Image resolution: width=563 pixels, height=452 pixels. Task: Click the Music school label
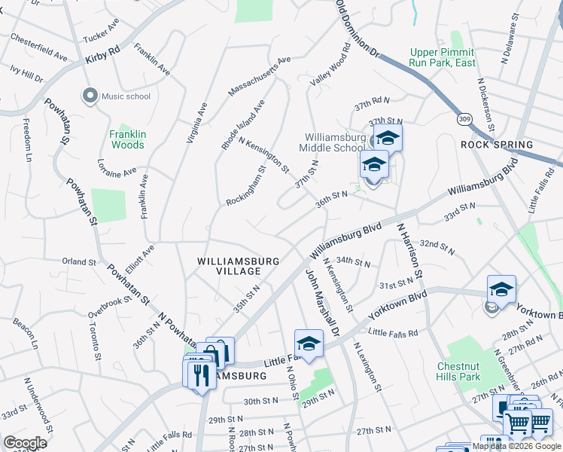pyautogui.click(x=126, y=96)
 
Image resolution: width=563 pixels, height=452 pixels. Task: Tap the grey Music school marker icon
pyautogui.click(x=90, y=96)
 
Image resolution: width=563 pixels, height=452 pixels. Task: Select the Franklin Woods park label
pyautogui.click(x=127, y=139)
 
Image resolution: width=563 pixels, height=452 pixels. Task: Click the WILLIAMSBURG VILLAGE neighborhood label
pyautogui.click(x=239, y=266)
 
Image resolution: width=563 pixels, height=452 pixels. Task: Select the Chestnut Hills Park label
pyautogui.click(x=458, y=371)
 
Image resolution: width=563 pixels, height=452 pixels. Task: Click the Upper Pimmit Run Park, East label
pyautogui.click(x=443, y=57)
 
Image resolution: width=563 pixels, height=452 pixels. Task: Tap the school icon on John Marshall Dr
pyautogui.click(x=308, y=343)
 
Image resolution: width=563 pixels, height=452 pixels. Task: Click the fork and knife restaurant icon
pyautogui.click(x=199, y=372)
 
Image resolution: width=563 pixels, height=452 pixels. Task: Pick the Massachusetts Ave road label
pyautogui.click(x=259, y=75)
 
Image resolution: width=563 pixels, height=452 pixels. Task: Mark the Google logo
pyautogui.click(x=25, y=443)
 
